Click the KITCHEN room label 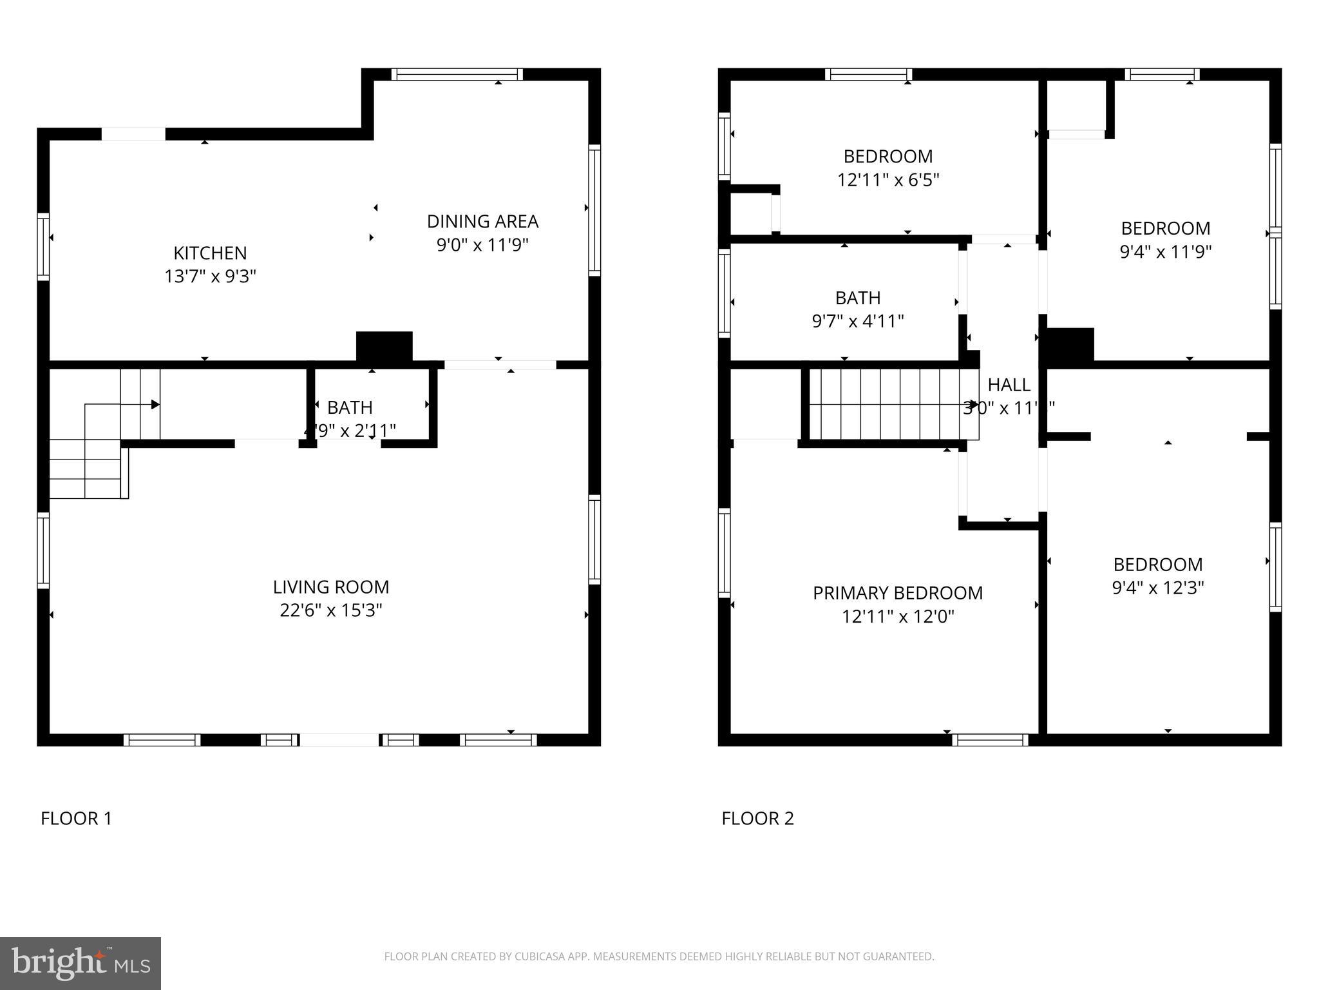coord(210,253)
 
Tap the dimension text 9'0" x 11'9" coord(482,245)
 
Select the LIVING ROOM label coord(330,587)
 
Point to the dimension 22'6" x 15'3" coord(330,610)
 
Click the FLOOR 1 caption coord(76,819)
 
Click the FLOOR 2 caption coord(757,819)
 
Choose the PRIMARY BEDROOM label coord(897,593)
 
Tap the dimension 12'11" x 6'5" coord(887,180)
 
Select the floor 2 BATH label coord(857,298)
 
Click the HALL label coord(1009,385)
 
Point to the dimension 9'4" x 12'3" coord(1157,588)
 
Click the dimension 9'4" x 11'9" coord(1165,251)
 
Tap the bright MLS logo coord(80,963)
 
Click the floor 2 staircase coord(892,403)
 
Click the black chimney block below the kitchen coord(384,347)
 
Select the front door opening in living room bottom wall coord(339,740)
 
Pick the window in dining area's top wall coord(457,74)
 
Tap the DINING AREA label coord(482,221)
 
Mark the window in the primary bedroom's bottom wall coord(990,740)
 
